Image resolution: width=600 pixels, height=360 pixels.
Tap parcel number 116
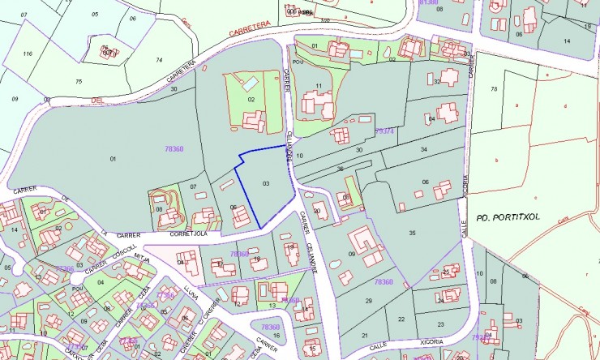coord(28,54)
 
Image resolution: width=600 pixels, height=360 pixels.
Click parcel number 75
coord(79,81)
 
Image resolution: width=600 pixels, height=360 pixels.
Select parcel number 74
coord(159,60)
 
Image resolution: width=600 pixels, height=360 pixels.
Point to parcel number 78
coord(494,88)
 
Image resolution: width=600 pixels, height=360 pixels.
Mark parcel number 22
coord(401,319)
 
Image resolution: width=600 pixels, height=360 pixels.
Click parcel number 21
coord(364,335)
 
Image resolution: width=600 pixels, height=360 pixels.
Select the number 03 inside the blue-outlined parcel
coord(265,184)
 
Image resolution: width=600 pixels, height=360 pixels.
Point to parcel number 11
coord(319,85)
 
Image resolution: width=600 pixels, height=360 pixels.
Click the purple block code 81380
coord(427,2)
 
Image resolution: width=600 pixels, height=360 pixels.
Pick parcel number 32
coord(437,81)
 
